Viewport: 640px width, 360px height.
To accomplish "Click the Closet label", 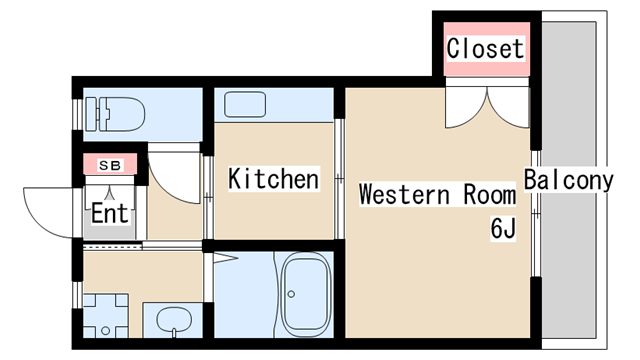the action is pos(485,49).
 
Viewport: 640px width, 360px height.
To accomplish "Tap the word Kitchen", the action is pos(273,179).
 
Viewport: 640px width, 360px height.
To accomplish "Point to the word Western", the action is pos(404,194).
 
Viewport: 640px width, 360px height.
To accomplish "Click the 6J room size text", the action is pos(503,228).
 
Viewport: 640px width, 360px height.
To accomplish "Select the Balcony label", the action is pos(569,180).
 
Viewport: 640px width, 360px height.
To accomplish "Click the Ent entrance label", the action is pos(110,213).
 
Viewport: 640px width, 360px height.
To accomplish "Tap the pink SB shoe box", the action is pos(110,164).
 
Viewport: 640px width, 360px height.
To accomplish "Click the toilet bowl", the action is pos(122,114).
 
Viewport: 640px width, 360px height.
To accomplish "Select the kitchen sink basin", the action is pos(245,104).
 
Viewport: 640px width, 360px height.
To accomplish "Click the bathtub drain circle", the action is pos(291,294).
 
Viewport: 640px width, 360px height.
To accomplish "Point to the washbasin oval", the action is pos(174,320).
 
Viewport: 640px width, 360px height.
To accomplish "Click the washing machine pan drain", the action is pos(106,331).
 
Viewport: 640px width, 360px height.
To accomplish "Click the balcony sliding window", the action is pos(536,213).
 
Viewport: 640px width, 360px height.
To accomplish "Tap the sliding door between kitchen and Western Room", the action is pos(339,179).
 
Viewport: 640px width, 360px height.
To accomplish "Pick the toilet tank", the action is pos(91,114).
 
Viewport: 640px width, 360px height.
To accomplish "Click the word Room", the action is pos(489,194).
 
